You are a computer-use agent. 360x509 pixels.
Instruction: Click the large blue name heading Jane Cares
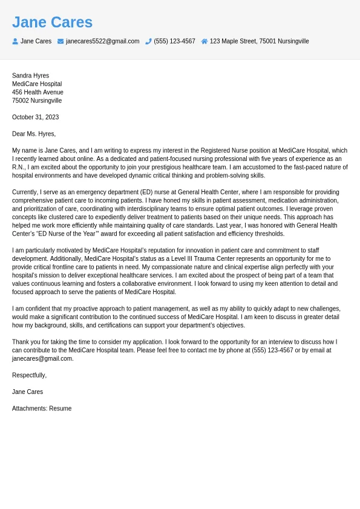point(52,22)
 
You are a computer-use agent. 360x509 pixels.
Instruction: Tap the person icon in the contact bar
point(15,41)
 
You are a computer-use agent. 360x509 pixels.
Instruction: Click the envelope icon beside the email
point(61,41)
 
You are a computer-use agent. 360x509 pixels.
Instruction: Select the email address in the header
point(102,41)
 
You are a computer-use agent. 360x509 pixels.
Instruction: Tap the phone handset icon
point(148,41)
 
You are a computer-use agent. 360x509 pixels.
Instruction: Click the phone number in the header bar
point(174,41)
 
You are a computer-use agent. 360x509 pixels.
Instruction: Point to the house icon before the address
point(205,41)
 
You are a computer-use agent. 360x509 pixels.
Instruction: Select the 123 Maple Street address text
point(259,41)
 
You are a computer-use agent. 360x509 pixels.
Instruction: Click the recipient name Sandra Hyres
point(30,76)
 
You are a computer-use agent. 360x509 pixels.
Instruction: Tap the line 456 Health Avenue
point(38,92)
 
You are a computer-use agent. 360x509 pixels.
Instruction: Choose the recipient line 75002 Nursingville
point(37,100)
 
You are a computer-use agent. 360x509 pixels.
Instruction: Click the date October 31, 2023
point(35,117)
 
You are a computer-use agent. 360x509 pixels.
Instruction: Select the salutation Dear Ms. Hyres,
point(34,134)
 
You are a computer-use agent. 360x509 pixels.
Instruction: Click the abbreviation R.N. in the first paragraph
point(19,167)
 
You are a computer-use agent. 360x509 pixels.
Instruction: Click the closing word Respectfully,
point(29,375)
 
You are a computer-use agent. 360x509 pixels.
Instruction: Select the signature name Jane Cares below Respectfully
point(27,392)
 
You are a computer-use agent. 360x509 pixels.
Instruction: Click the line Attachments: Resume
point(42,409)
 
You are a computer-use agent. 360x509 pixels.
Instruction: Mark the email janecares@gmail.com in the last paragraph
point(42,358)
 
